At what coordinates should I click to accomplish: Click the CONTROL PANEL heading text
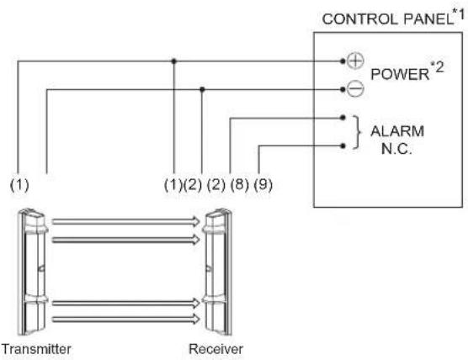point(387,19)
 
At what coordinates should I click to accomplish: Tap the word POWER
point(400,74)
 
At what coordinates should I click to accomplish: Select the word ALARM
point(397,131)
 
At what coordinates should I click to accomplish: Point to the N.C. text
point(396,149)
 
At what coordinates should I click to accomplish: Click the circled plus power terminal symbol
point(355,61)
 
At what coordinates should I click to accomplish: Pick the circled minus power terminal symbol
point(355,89)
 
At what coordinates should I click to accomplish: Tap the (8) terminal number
point(240,184)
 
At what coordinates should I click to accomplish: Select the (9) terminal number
point(263,184)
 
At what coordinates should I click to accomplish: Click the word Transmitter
point(36,349)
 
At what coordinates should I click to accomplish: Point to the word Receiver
point(216,349)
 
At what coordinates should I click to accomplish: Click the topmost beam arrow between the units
point(125,221)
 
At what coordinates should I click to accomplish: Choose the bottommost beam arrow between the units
point(125,320)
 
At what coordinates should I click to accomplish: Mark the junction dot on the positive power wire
point(174,61)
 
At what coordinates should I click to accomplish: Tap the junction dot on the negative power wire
point(202,89)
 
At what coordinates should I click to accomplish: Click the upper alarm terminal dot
point(343,118)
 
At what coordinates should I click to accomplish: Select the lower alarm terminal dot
point(343,146)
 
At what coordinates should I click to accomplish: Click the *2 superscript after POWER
point(437,67)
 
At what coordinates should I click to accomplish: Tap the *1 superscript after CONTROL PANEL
point(460,13)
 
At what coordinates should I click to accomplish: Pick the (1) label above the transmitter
point(19,184)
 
